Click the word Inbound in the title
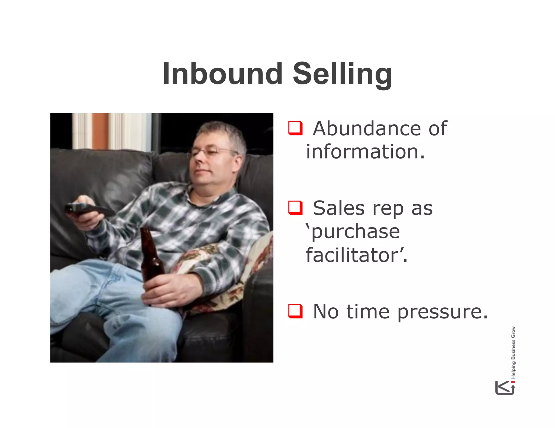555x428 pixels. (x=223, y=74)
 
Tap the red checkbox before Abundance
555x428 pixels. (x=295, y=128)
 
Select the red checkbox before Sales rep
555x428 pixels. (x=295, y=208)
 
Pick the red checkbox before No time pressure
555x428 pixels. (x=295, y=311)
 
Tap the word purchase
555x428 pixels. (x=355, y=232)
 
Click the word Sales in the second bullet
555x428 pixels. (x=339, y=208)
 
